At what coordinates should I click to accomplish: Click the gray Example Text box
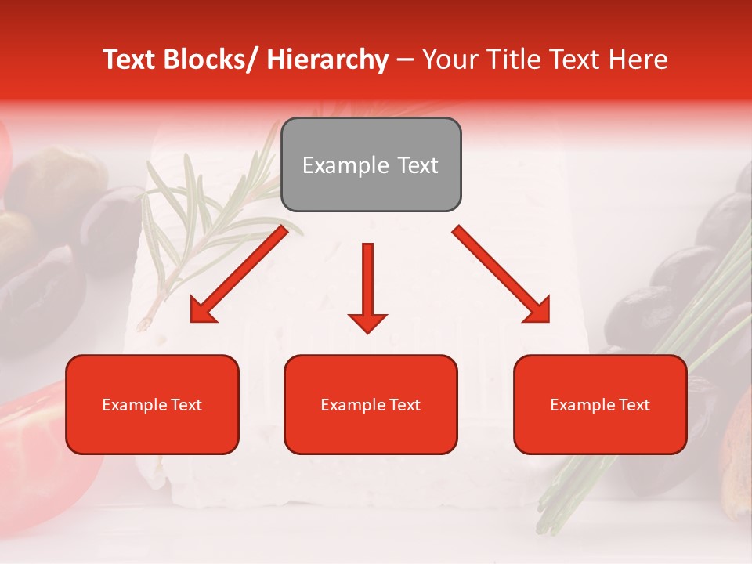pyautogui.click(x=371, y=164)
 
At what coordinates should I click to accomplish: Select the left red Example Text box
pyautogui.click(x=152, y=404)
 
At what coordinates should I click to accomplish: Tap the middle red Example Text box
pyautogui.click(x=371, y=404)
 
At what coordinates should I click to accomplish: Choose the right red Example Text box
pyautogui.click(x=600, y=404)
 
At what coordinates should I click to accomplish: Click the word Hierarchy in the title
pyautogui.click(x=327, y=60)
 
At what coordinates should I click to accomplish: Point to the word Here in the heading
pyautogui.click(x=639, y=60)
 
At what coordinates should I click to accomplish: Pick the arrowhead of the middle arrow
pyautogui.click(x=367, y=322)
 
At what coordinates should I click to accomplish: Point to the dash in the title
pyautogui.click(x=405, y=60)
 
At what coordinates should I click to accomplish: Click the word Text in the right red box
pyautogui.click(x=634, y=404)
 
